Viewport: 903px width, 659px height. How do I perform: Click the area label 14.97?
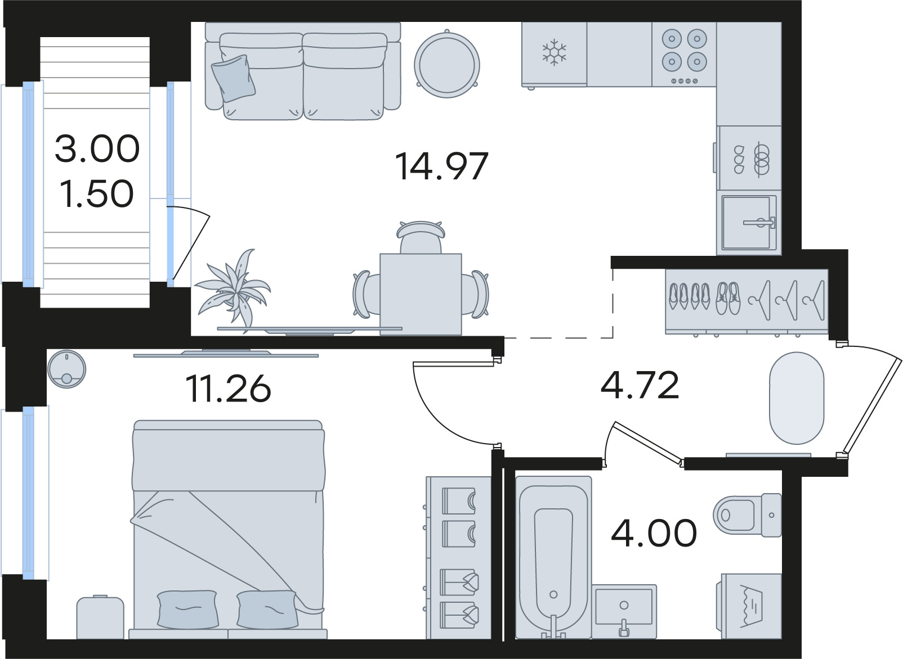click(x=441, y=166)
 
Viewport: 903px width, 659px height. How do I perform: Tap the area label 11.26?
click(x=228, y=389)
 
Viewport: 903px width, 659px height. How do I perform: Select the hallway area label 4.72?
click(x=640, y=385)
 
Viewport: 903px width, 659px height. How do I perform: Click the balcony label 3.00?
click(x=97, y=148)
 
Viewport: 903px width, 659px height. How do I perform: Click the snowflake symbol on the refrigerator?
click(x=555, y=52)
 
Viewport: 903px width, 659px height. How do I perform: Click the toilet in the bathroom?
click(x=747, y=515)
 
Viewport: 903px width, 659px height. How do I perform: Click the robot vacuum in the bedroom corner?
click(x=66, y=369)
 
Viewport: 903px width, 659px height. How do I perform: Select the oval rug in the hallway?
click(x=797, y=398)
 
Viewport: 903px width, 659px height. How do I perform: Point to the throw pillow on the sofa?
click(x=234, y=78)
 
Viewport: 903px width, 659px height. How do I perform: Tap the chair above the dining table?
click(x=421, y=237)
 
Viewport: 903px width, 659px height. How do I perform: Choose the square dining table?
click(x=421, y=294)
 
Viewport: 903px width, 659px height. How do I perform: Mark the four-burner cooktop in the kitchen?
click(x=684, y=55)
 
